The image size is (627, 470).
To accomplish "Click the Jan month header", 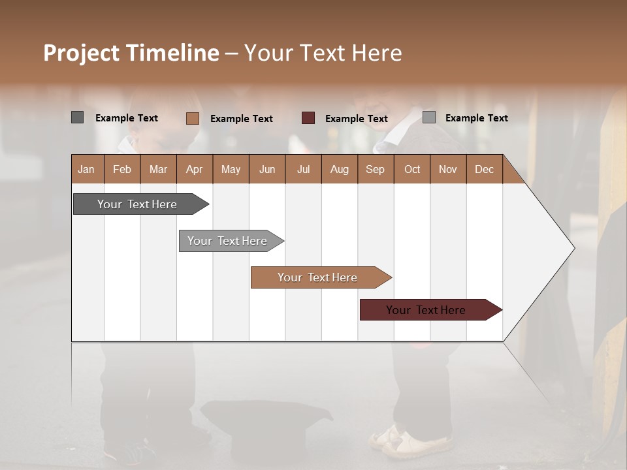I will [86, 169].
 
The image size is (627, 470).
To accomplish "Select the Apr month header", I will [194, 169].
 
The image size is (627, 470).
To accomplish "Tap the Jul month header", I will [303, 169].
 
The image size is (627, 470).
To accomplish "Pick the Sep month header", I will [375, 169].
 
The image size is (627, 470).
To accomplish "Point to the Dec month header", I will [484, 169].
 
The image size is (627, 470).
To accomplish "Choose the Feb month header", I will [122, 169].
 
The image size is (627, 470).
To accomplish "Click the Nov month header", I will [447, 169].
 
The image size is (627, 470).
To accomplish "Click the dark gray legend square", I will [77, 117].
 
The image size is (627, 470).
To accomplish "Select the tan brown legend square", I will [192, 118].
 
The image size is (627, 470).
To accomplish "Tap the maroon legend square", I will [308, 117].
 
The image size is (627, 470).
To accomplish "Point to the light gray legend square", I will [428, 117].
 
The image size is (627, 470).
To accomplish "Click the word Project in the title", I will [81, 53].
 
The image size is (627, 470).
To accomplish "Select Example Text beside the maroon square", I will [356, 118].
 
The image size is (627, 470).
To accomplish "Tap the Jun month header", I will [266, 169].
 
